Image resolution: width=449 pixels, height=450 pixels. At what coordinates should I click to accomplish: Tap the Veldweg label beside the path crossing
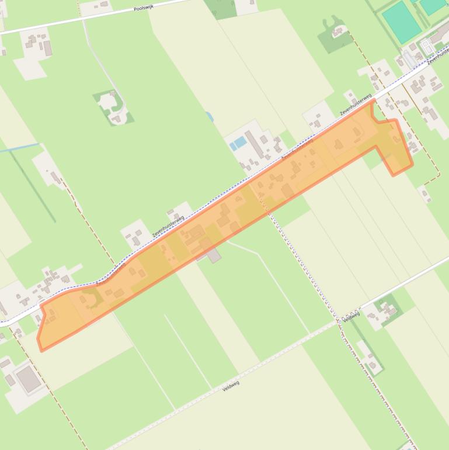coord(351,316)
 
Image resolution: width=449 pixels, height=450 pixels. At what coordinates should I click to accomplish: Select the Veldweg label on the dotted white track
coord(231,385)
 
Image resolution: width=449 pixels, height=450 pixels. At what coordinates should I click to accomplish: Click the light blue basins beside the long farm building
coord(238,143)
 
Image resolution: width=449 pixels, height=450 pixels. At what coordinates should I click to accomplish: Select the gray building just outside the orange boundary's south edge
coord(214,255)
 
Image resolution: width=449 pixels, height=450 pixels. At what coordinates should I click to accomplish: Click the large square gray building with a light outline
coord(28,379)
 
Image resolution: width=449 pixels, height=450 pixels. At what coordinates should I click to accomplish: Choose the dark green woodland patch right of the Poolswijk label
coord(220,8)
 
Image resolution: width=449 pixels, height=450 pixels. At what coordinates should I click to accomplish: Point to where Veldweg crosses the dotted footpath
coord(339,321)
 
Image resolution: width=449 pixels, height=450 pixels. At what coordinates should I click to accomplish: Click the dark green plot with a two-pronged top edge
coord(333,36)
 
